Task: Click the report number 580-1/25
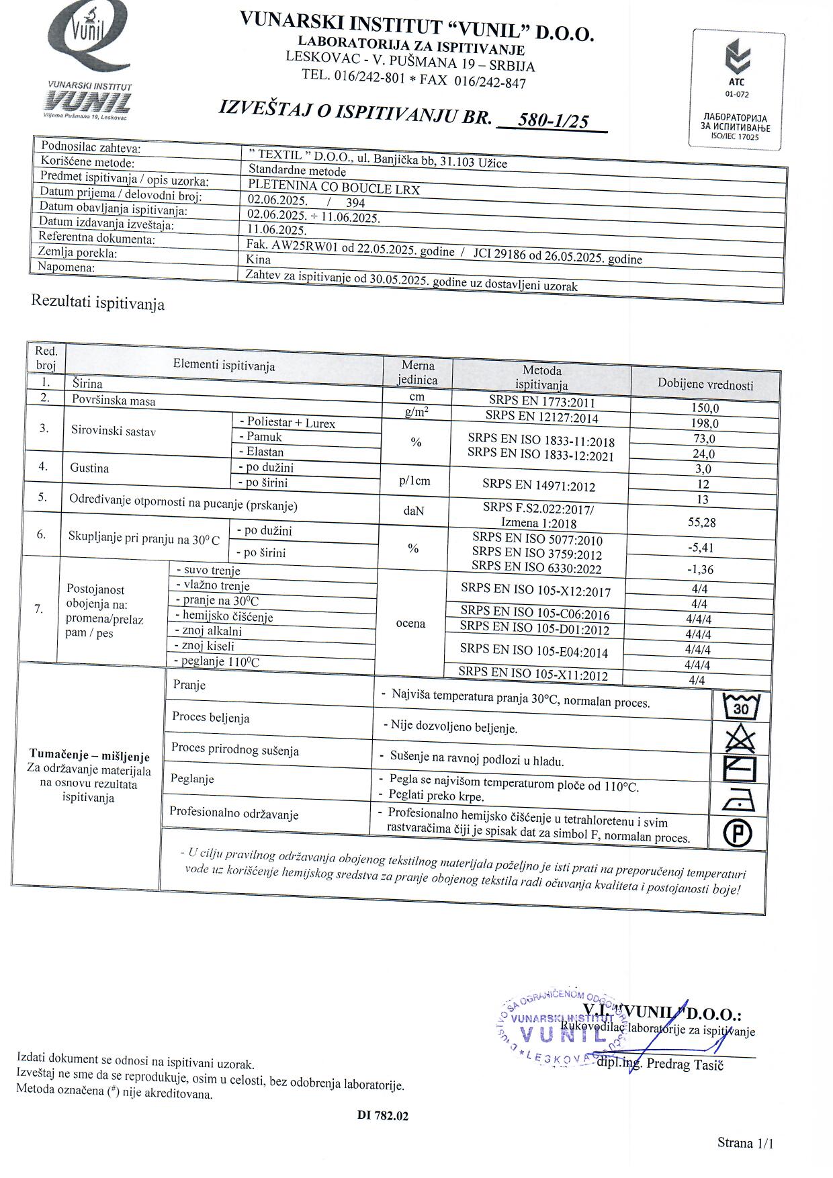554,120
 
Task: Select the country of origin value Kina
259,259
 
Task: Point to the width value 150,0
705,408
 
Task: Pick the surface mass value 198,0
705,423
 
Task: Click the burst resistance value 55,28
702,522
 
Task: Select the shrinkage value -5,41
701,548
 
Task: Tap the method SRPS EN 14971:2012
539,485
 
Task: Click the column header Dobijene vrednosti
705,385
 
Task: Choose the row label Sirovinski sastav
114,431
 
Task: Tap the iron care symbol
738,801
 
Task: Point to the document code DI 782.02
383,1116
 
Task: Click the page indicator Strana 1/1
746,1143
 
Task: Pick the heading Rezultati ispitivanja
98,303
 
